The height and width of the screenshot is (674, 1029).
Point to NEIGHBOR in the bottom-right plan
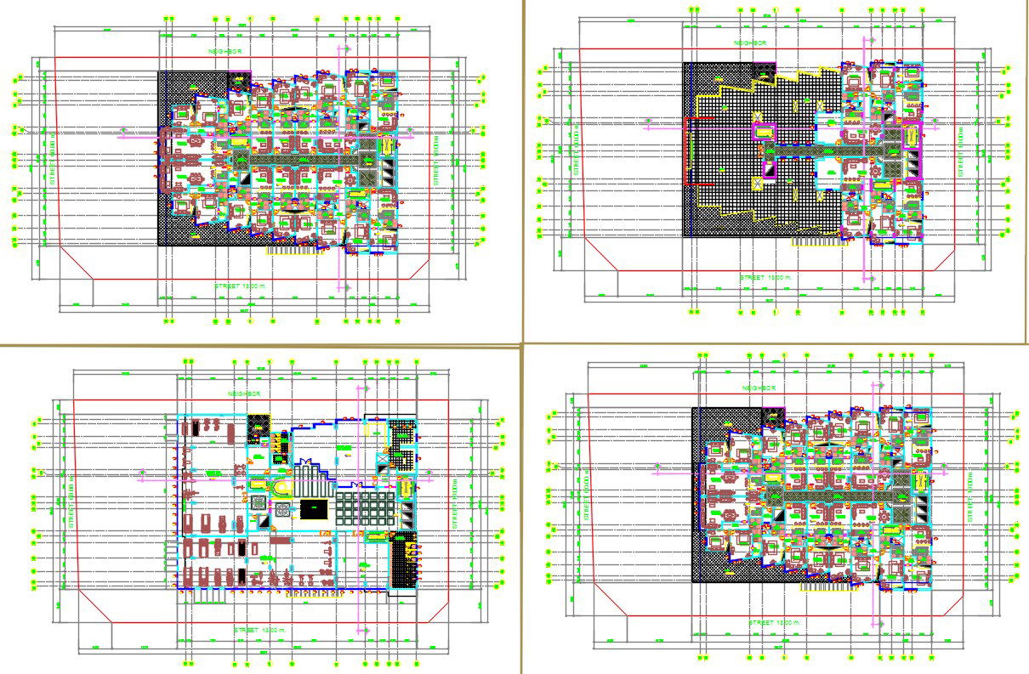759,388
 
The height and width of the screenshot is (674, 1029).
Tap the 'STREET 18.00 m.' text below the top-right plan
765,278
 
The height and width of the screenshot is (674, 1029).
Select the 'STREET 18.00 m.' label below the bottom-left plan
262,630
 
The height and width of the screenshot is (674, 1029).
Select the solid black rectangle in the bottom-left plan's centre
313,509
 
